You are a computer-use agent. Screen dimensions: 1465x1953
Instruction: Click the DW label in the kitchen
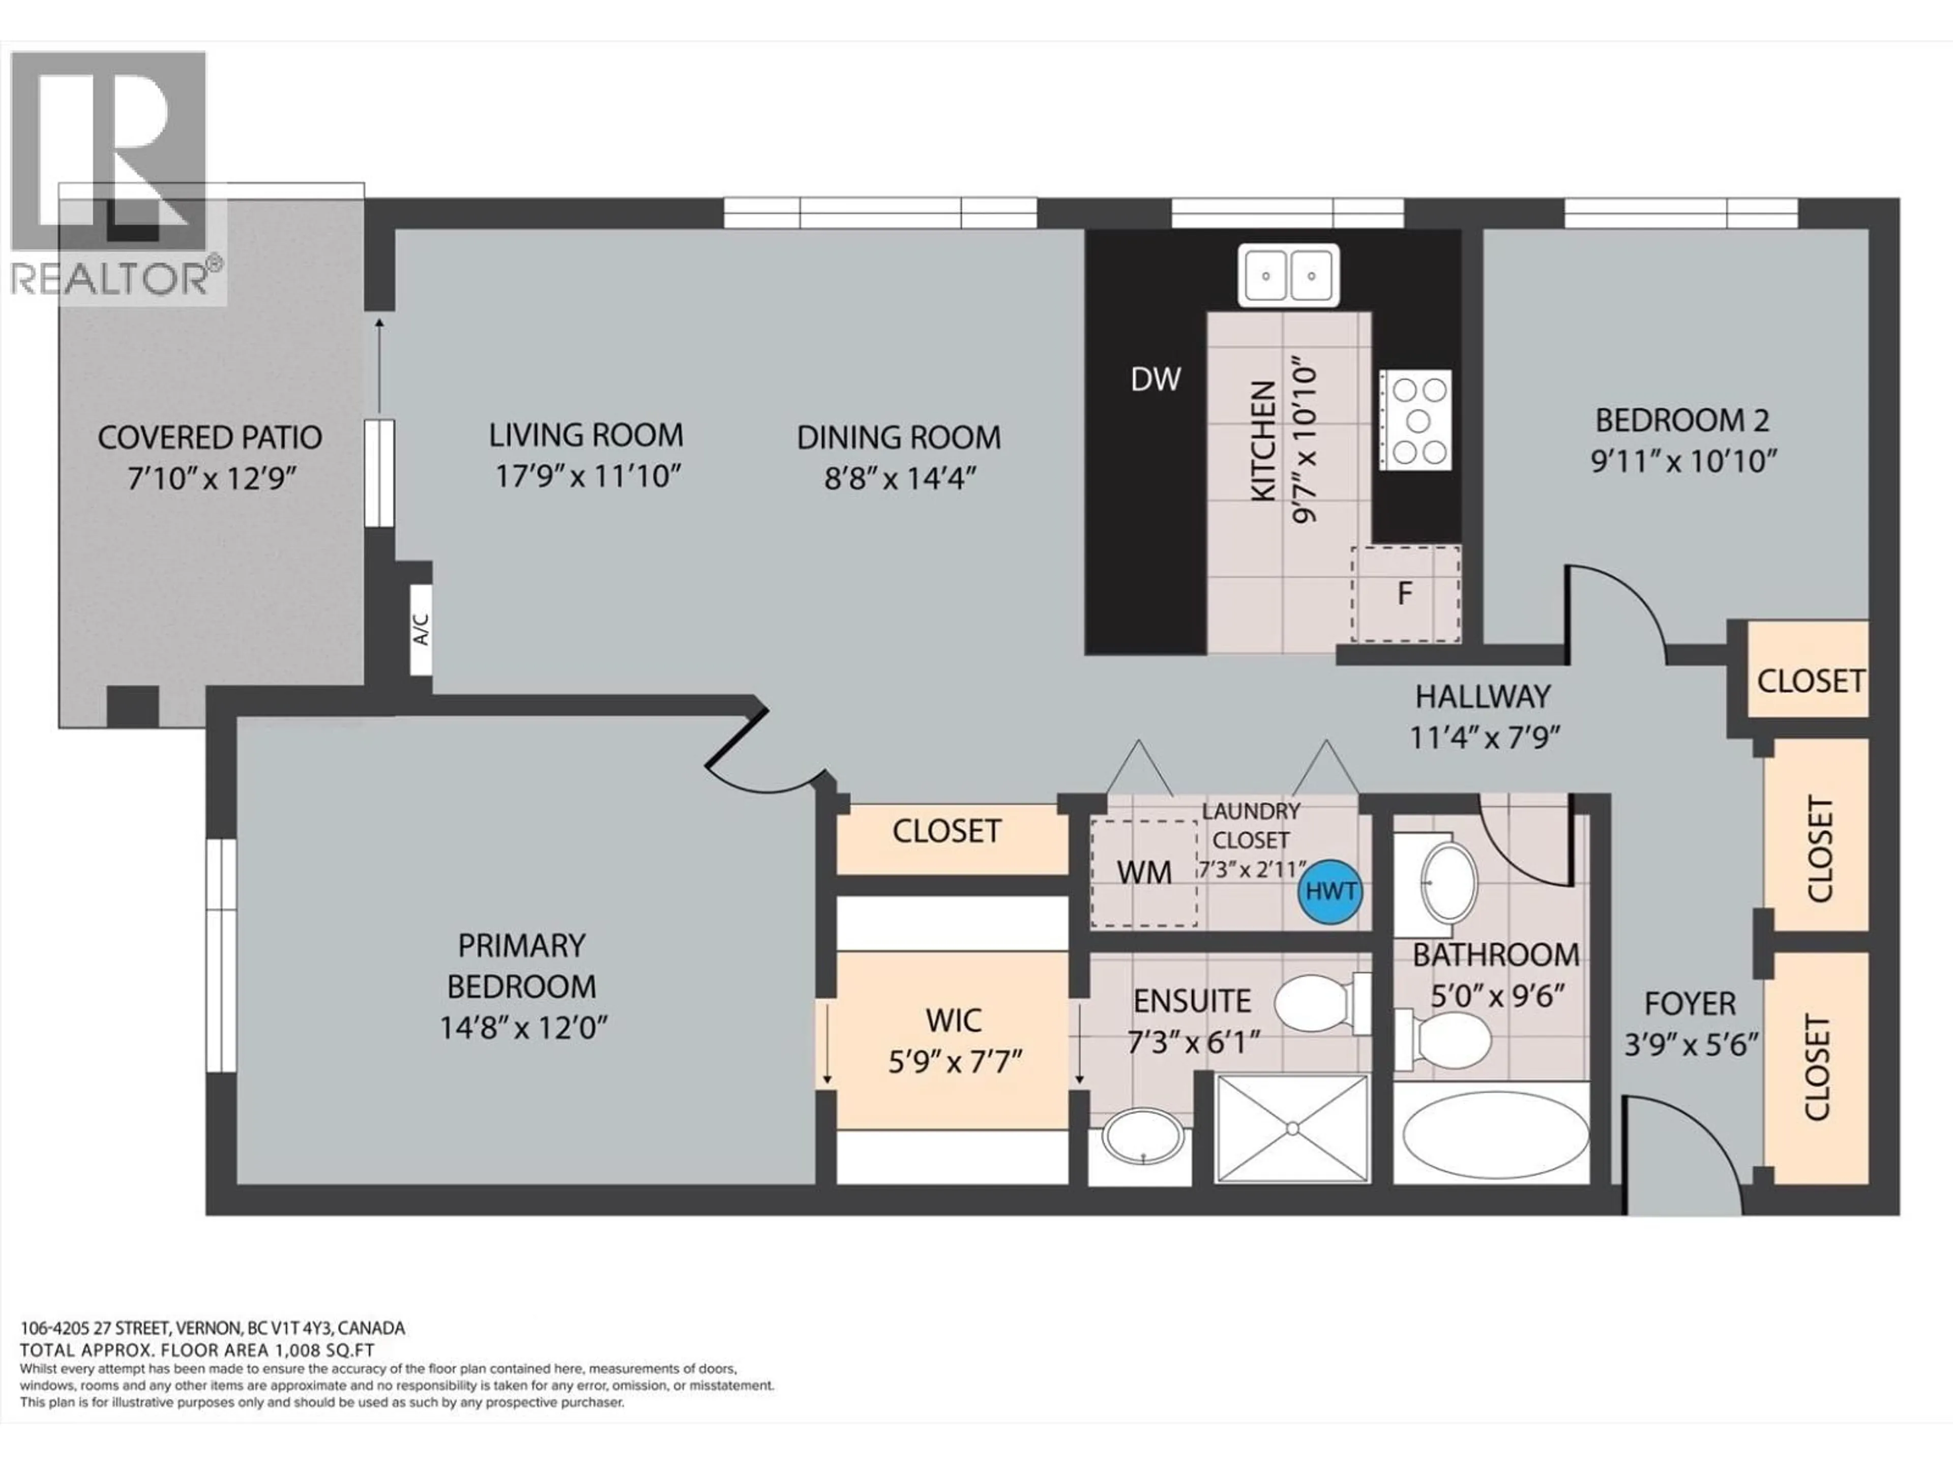1156,379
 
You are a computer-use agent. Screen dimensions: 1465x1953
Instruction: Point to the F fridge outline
1405,594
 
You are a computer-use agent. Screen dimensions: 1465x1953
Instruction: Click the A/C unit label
421,629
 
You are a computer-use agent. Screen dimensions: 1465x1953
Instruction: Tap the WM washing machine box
1144,872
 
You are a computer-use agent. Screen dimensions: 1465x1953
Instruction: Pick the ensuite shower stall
1292,1128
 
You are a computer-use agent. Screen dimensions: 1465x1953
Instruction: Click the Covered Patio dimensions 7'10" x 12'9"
210,480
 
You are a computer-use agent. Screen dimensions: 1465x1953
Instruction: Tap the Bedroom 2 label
1682,420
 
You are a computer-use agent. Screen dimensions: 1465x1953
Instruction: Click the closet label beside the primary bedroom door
946,831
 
